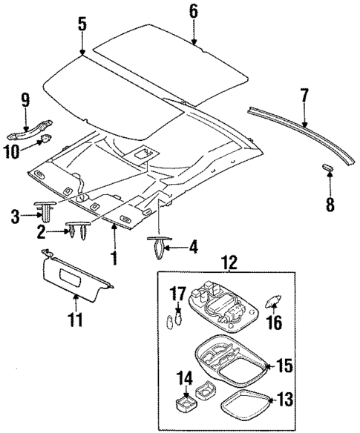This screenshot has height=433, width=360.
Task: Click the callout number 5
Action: (82, 24)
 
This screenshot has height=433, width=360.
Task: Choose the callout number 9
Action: (25, 99)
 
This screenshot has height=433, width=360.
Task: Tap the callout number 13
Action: (284, 400)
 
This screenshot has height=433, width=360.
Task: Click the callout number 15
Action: (284, 366)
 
